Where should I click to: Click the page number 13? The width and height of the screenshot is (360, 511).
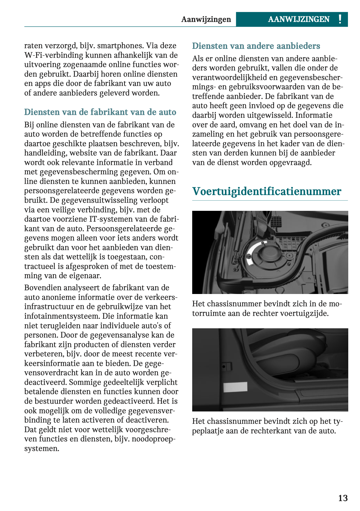(343, 498)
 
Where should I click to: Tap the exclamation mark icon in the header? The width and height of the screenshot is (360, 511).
(340, 19)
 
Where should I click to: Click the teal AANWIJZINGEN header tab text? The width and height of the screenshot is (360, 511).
(299, 19)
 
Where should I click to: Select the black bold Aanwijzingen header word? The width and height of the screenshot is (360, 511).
(206, 19)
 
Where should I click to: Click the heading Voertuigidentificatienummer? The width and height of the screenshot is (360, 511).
(266, 191)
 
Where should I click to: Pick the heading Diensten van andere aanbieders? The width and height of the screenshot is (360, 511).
(256, 46)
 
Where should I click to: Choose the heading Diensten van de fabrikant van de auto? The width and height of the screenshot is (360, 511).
(100, 112)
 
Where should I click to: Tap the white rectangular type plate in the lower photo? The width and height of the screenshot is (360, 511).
(235, 387)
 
